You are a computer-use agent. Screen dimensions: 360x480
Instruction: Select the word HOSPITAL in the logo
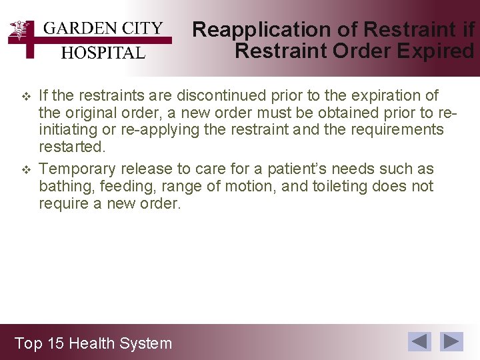103,53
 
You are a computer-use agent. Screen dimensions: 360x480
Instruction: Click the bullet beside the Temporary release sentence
26,169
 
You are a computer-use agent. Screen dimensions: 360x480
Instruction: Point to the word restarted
72,146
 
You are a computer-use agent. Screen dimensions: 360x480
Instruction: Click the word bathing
67,187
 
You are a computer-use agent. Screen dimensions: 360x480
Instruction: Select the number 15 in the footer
55,343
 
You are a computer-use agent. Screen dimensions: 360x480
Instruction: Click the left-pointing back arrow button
420,341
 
